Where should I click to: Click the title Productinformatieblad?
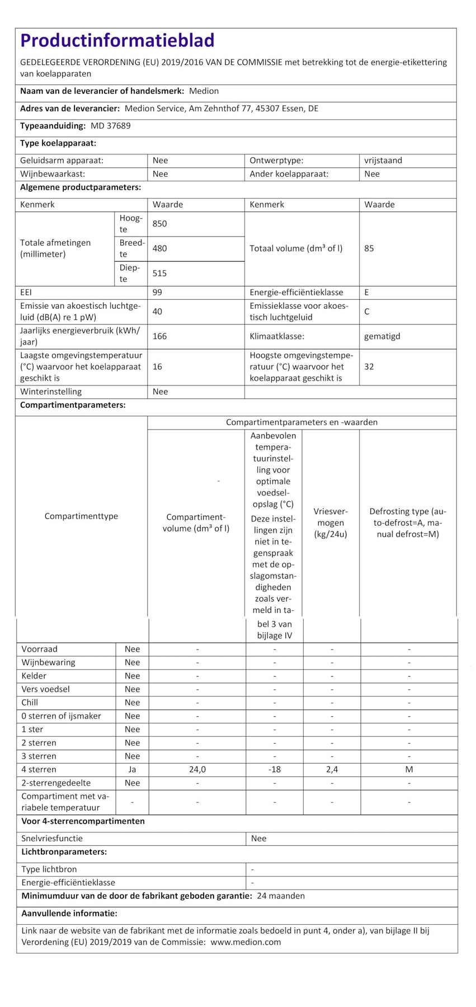click(117, 40)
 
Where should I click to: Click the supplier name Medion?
click(204, 91)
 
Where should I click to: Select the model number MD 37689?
click(111, 126)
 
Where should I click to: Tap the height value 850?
click(159, 224)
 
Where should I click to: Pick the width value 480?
click(159, 248)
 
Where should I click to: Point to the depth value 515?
click(159, 274)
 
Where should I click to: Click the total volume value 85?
click(369, 248)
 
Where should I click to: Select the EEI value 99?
click(157, 292)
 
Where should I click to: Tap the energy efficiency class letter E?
click(367, 292)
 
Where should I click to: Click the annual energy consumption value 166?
click(159, 336)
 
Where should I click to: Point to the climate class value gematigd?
click(382, 336)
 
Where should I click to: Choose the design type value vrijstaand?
click(383, 161)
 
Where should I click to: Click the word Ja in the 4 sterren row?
click(132, 770)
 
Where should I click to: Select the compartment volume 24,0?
click(197, 770)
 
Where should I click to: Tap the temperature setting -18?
click(274, 770)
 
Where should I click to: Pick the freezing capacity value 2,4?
click(332, 770)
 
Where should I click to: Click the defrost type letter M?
click(409, 770)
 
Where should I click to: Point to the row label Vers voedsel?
click(45, 689)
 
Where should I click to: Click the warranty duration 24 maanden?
click(281, 896)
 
